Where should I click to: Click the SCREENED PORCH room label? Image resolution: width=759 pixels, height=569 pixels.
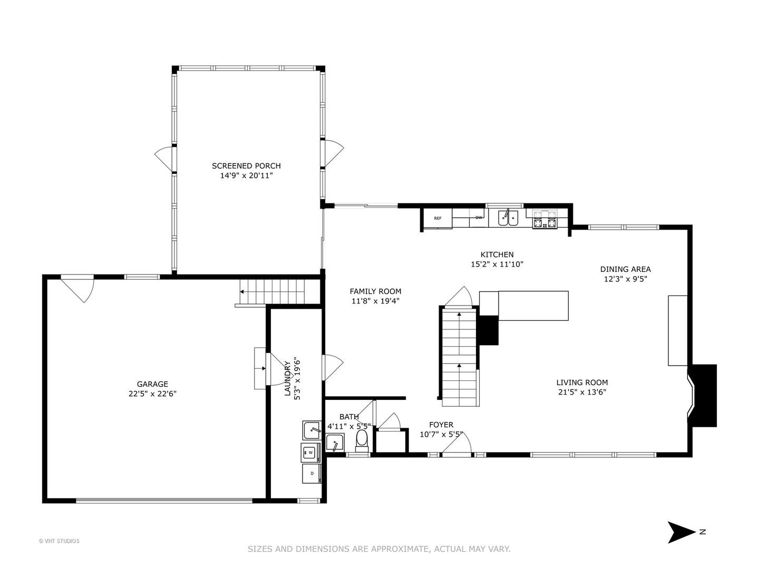coord(246,166)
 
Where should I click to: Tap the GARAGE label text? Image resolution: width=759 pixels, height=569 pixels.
coord(152,384)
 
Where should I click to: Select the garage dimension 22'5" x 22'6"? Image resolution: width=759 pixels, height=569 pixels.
coord(152,393)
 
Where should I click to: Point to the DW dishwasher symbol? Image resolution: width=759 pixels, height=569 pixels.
coord(479,218)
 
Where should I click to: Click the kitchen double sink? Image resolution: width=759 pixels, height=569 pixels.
coord(508,218)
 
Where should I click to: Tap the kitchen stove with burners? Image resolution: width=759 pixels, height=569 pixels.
coord(544,220)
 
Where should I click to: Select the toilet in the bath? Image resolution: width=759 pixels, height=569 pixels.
coord(362,440)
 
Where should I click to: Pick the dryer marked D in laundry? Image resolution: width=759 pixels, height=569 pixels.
coord(312,473)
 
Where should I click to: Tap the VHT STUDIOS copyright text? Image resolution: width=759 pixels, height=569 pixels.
coord(59,541)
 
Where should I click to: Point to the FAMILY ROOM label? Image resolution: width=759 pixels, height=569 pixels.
coord(375,291)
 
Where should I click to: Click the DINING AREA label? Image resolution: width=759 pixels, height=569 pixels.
coord(625,269)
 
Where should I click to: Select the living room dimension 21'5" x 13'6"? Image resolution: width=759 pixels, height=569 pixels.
coord(582,392)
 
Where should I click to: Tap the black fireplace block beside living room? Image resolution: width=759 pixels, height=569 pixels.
coord(704,395)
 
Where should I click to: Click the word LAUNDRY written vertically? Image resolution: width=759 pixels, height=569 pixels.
coord(288,378)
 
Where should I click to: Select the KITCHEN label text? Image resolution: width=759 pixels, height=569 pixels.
coord(497,254)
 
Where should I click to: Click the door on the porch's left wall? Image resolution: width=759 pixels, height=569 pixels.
coord(164,158)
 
